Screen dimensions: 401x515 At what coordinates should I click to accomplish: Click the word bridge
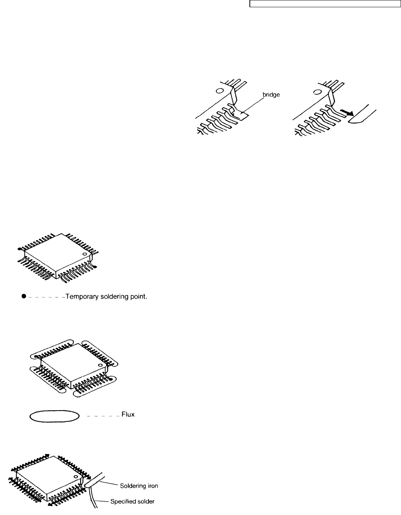[x=271, y=94]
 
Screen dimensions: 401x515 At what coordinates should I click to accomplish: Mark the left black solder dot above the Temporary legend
[x=19, y=249]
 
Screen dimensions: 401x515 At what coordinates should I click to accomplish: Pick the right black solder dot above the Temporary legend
[x=95, y=267]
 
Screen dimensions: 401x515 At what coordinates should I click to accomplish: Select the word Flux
[x=128, y=414]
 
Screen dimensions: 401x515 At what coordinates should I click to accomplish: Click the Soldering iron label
[x=139, y=486]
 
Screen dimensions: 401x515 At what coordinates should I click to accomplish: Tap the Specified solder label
[x=132, y=502]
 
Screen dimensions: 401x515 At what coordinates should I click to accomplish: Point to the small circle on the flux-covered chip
[x=101, y=365]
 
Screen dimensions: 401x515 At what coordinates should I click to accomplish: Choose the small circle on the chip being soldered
[x=76, y=477]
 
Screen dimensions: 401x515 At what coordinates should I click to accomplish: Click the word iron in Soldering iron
[x=152, y=486]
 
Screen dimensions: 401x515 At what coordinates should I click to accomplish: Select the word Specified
[x=123, y=502]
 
